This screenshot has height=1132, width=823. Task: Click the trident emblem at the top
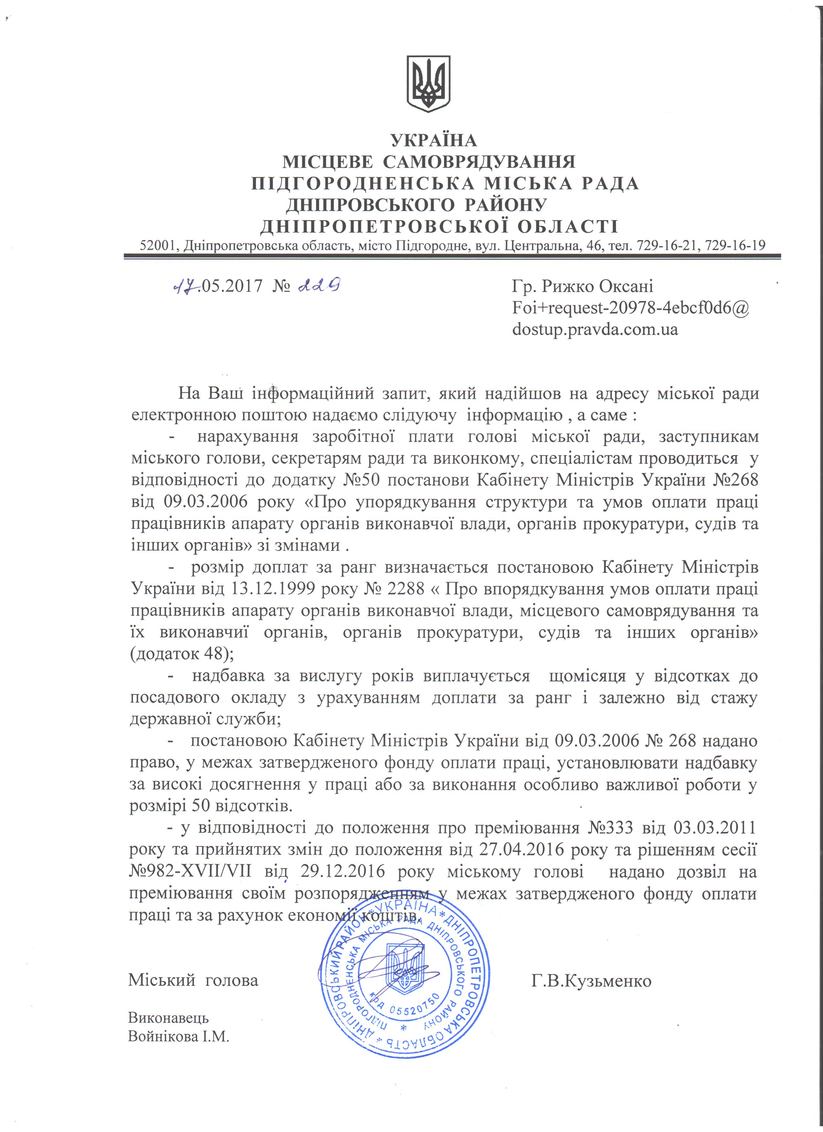point(429,84)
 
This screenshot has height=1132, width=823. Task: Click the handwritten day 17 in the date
point(185,286)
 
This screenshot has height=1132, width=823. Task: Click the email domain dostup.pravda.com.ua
point(595,329)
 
